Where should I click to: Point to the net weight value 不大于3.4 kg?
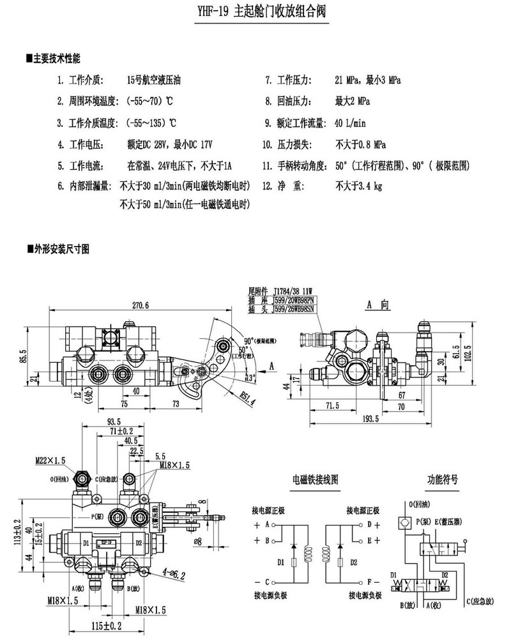click(358, 187)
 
